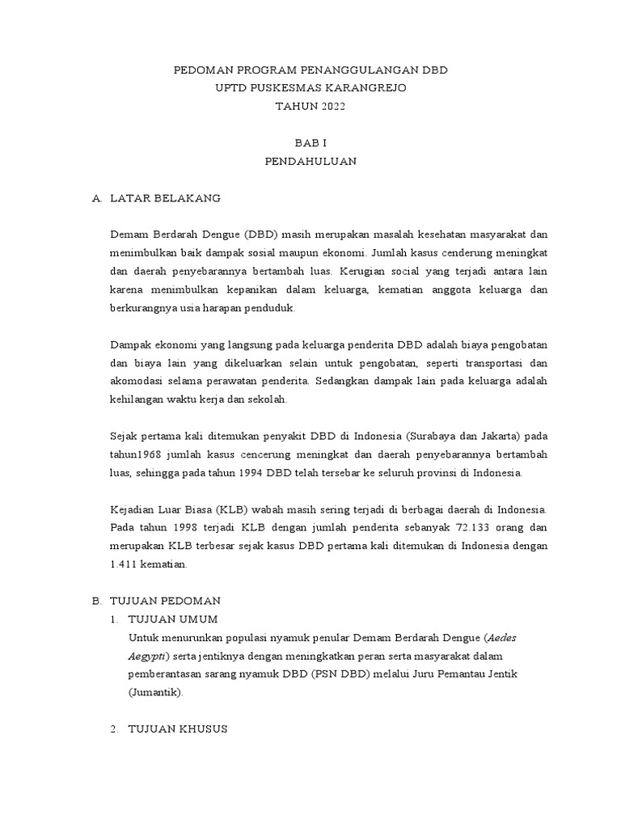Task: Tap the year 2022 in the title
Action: pyautogui.click(x=329, y=106)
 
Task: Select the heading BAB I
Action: pyautogui.click(x=310, y=142)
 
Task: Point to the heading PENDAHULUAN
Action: pyautogui.click(x=310, y=161)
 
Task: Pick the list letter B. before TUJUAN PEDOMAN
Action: pyautogui.click(x=97, y=602)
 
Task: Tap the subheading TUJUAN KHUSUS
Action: pyautogui.click(x=178, y=729)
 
